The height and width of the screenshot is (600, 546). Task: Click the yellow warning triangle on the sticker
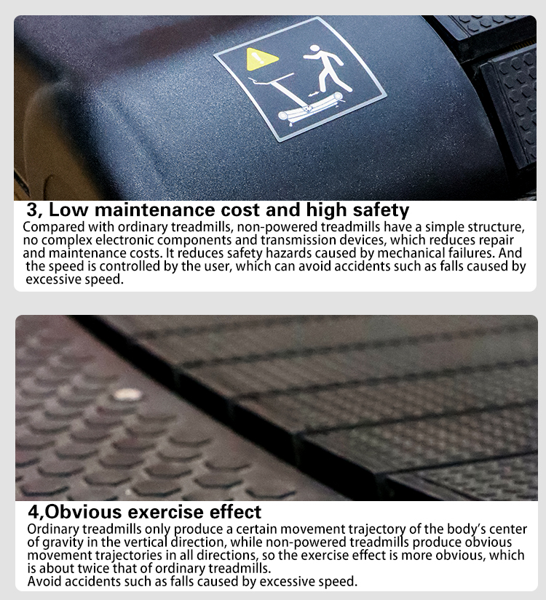(x=261, y=60)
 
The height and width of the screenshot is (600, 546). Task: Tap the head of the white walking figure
(x=314, y=49)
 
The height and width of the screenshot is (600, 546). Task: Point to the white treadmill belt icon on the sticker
(x=310, y=108)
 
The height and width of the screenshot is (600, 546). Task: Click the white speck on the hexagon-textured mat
(x=127, y=394)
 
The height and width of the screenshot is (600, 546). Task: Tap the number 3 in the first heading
(x=33, y=210)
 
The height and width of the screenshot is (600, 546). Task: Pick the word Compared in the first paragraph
(x=54, y=228)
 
